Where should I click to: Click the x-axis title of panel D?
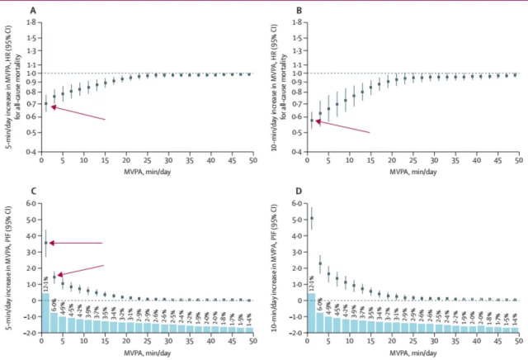pyautogui.click(x=410, y=350)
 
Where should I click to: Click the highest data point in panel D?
pyautogui.click(x=311, y=218)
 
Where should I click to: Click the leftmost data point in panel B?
pyautogui.click(x=311, y=121)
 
